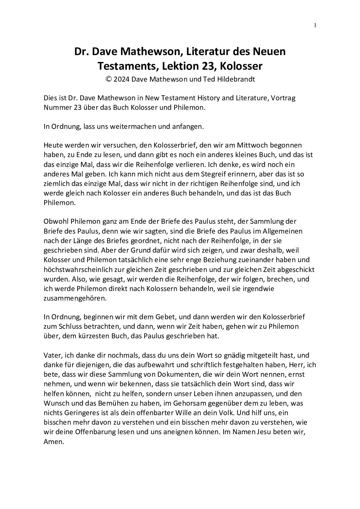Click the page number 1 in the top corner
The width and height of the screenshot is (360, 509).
click(x=315, y=25)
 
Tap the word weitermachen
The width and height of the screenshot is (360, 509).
click(x=130, y=126)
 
